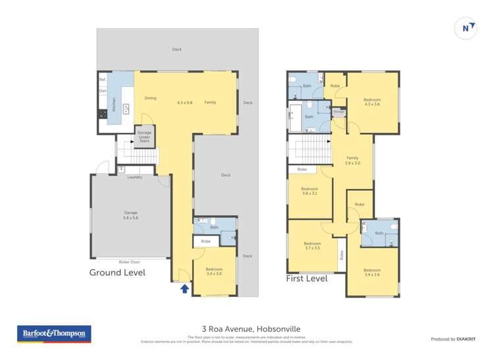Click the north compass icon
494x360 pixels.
(x=466, y=28)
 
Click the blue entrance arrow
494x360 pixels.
(x=184, y=288)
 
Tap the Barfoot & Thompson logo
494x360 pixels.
(x=55, y=334)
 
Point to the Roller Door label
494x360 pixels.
(x=129, y=261)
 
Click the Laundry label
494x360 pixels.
(x=134, y=177)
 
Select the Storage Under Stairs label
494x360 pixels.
(x=144, y=136)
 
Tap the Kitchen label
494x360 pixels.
(x=114, y=103)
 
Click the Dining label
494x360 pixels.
(x=150, y=98)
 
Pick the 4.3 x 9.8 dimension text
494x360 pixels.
(x=184, y=102)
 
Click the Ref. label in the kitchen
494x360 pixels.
(x=102, y=79)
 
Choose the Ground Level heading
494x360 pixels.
(x=117, y=272)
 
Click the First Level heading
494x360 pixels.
(x=306, y=278)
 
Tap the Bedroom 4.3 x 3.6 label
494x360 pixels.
(x=372, y=102)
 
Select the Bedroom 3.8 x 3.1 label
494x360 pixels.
(x=310, y=191)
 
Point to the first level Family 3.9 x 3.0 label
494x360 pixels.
(x=352, y=160)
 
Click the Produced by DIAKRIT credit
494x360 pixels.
(x=453, y=339)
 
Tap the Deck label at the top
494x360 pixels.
(x=177, y=49)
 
